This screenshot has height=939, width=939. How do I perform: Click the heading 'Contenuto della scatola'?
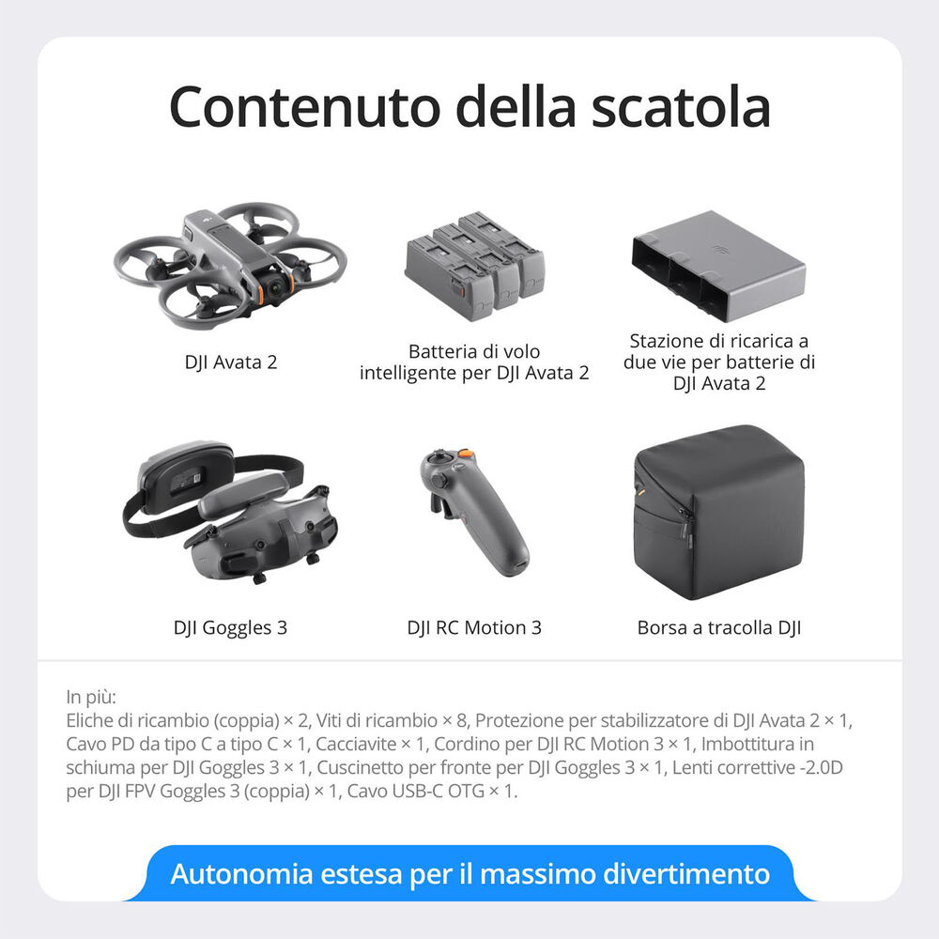[x=469, y=107]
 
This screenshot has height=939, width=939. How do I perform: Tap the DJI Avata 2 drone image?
[x=230, y=263]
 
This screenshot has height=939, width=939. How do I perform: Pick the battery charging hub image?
[x=717, y=267]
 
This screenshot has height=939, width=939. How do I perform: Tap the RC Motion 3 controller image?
[x=475, y=511]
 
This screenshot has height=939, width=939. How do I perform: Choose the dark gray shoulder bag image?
[x=718, y=513]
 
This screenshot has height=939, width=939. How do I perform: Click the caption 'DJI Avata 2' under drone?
[x=231, y=362]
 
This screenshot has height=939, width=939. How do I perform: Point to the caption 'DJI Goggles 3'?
[x=230, y=627]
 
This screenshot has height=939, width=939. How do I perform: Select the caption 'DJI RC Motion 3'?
[x=474, y=627]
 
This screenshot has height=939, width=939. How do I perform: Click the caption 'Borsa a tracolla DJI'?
[x=718, y=627]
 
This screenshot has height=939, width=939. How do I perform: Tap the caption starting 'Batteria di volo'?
[x=474, y=362]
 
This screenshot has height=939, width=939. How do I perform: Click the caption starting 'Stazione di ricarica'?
[x=718, y=362]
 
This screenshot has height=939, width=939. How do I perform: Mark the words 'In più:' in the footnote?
[x=91, y=698]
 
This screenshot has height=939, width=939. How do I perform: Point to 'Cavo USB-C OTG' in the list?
[x=413, y=792]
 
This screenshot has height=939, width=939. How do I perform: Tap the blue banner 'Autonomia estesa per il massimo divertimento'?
[x=469, y=874]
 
